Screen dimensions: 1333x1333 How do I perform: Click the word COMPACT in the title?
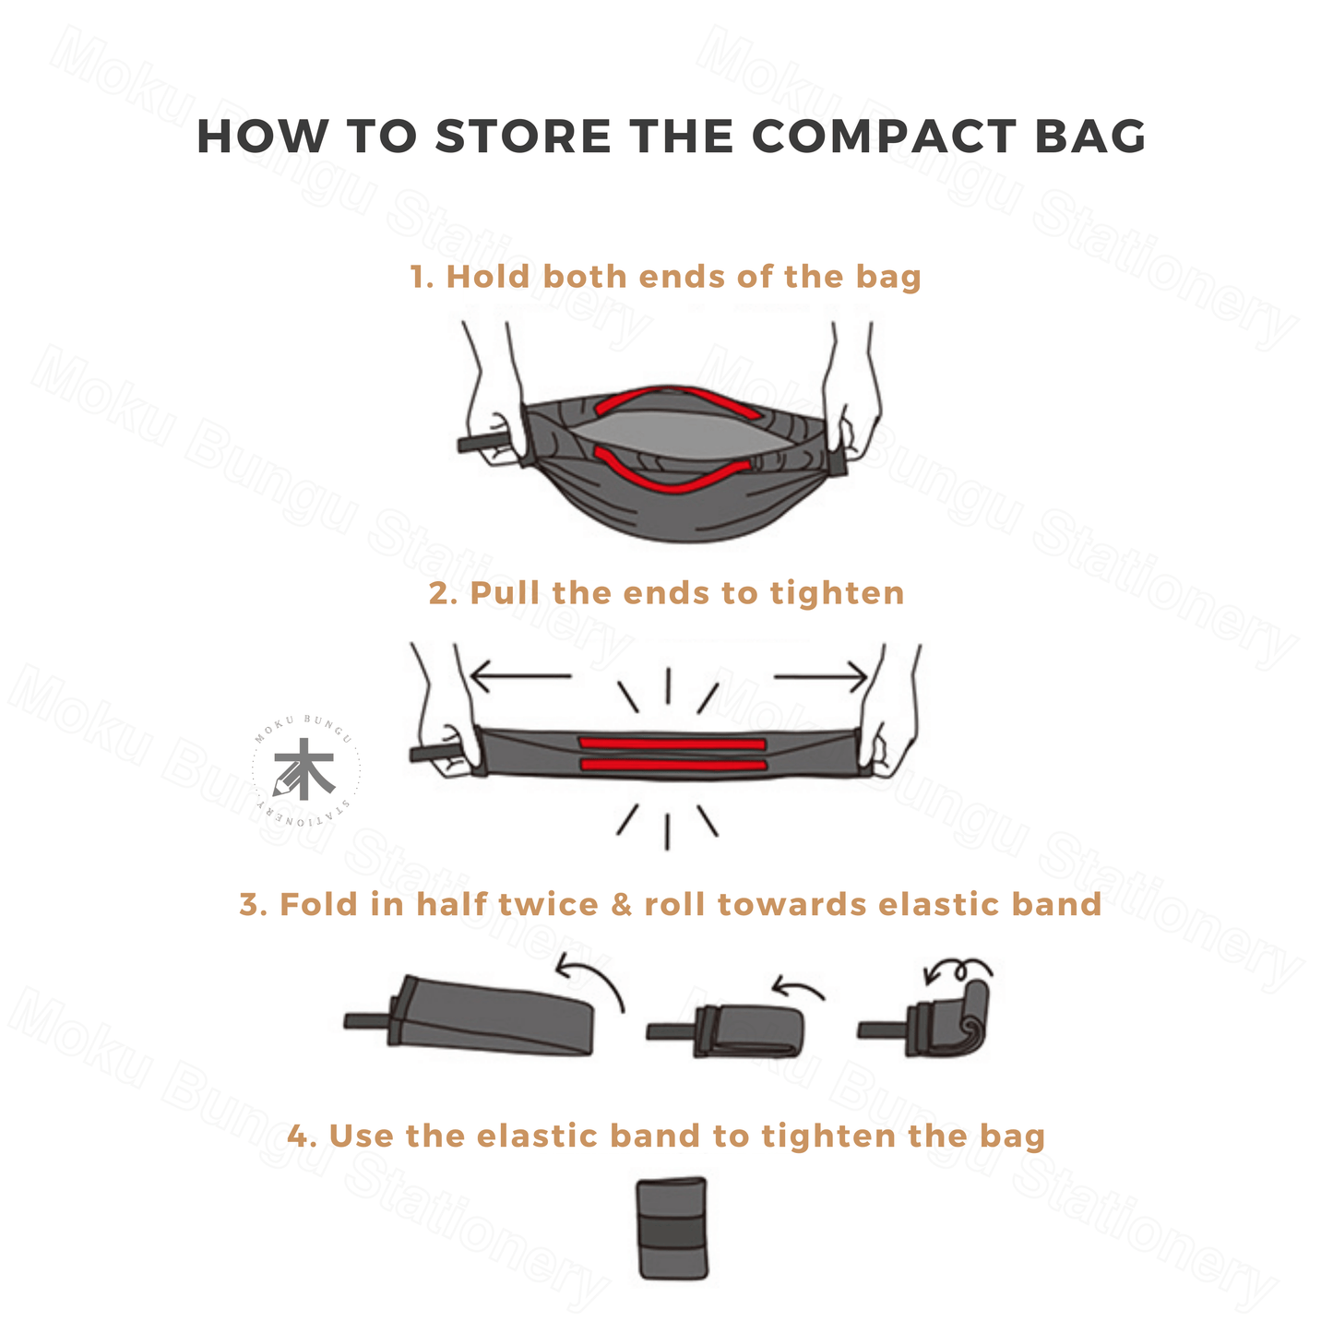(884, 137)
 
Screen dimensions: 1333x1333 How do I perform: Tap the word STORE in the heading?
(523, 137)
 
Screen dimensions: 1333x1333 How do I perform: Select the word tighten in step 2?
(837, 593)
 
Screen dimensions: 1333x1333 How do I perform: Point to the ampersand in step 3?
(621, 905)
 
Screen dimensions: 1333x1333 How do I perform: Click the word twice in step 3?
(548, 905)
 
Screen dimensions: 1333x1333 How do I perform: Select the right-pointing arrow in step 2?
(820, 676)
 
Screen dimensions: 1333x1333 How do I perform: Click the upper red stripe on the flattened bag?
(672, 744)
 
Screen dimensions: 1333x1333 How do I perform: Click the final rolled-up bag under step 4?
(672, 1229)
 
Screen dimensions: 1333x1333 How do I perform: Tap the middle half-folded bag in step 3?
(726, 1031)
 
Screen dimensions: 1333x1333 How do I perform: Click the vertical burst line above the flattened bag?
(668, 685)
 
